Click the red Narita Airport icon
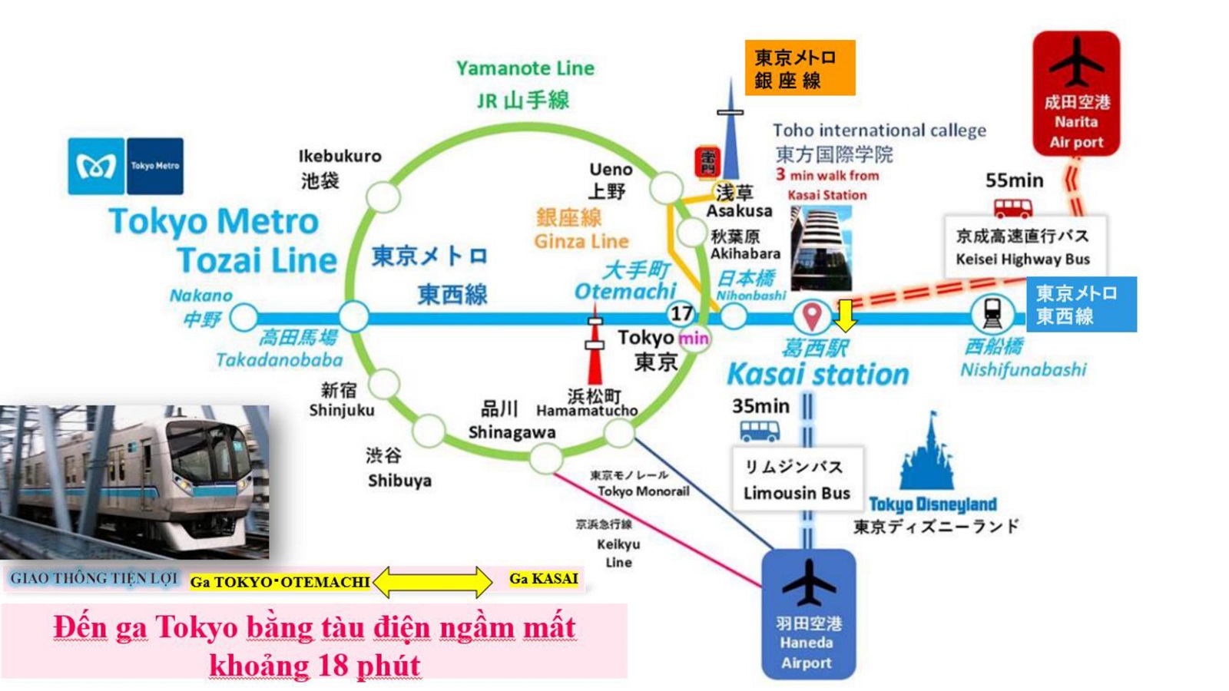pyautogui.click(x=1076, y=92)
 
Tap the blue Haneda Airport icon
pyautogui.click(x=808, y=613)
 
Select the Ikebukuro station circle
pyautogui.click(x=383, y=197)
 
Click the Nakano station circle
pyautogui.click(x=244, y=316)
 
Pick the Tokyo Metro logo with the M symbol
pyautogui.click(x=96, y=166)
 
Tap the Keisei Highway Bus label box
pyautogui.click(x=1024, y=246)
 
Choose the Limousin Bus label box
pyautogui.click(x=797, y=479)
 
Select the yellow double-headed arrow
pyautogui.click(x=432, y=582)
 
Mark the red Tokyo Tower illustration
pyautogui.click(x=595, y=345)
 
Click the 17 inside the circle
pyautogui.click(x=681, y=313)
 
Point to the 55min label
pyautogui.click(x=1014, y=181)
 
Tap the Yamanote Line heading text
pyautogui.click(x=525, y=68)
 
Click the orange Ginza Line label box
pyautogui.click(x=799, y=68)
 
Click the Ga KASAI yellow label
pyautogui.click(x=543, y=579)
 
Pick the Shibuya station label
pyautogui.click(x=399, y=481)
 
